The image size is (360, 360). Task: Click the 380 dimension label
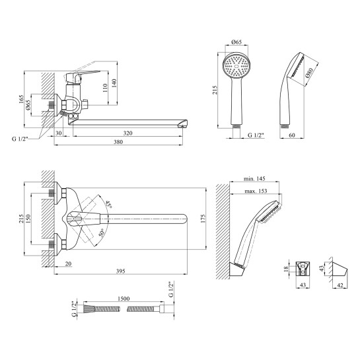(x=118, y=142)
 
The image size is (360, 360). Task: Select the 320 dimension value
(x=128, y=133)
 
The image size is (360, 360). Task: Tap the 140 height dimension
(x=114, y=83)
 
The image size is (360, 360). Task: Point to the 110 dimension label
(x=105, y=88)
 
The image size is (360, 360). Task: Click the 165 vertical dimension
(x=21, y=99)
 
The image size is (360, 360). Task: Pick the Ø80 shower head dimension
(x=310, y=73)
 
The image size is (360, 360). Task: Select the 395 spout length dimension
(x=120, y=271)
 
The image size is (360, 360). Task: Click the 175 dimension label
(x=203, y=219)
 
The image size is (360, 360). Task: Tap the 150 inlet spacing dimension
(x=28, y=219)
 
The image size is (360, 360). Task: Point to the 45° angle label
(x=108, y=204)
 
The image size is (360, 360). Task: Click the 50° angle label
(x=102, y=233)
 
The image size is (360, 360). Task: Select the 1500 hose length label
(x=124, y=299)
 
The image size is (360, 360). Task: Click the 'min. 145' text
(x=254, y=178)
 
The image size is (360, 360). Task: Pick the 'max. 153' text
(x=256, y=191)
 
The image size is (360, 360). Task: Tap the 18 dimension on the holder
(x=286, y=269)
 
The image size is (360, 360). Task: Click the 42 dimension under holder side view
(x=340, y=285)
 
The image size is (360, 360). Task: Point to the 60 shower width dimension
(x=292, y=135)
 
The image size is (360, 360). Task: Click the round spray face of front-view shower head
(x=236, y=66)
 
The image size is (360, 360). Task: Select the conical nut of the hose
(x=89, y=308)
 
